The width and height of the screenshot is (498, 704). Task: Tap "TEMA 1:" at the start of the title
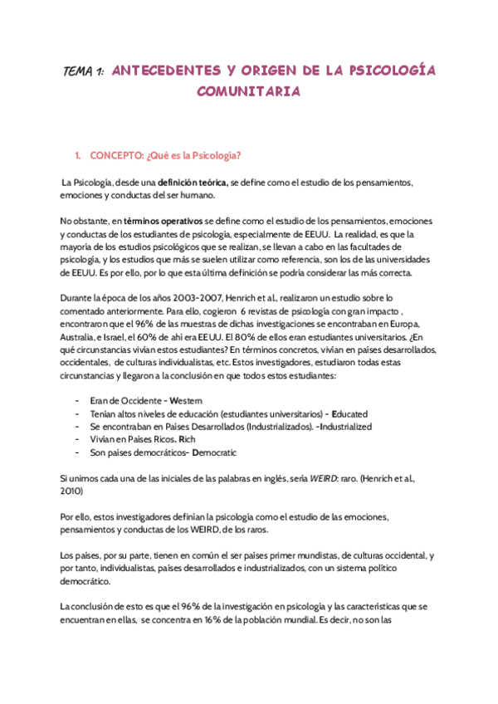tap(83, 72)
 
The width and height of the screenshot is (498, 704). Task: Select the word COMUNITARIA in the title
tap(248, 91)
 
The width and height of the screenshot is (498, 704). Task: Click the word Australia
tap(81, 336)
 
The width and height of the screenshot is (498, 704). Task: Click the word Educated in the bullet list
tap(349, 413)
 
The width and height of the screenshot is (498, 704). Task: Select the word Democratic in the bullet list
tap(214, 452)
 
